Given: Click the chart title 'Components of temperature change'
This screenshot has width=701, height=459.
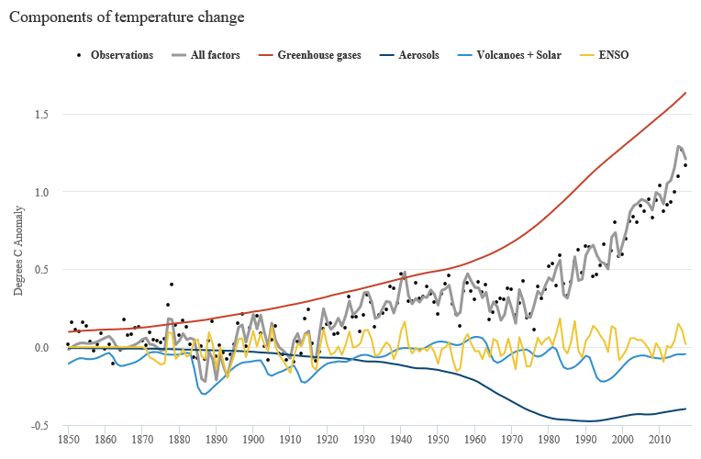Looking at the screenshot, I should click(127, 17).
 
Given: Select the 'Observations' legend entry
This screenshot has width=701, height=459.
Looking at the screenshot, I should click(122, 55).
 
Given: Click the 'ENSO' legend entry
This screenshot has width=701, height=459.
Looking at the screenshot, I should click(613, 55).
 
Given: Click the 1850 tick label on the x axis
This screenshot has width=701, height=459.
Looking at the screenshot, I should click(68, 442).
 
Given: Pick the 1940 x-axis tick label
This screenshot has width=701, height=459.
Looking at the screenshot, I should click(402, 442).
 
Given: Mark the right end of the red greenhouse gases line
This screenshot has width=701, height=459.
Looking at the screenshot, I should click(685, 93).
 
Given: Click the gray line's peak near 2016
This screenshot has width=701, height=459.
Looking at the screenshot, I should click(679, 146).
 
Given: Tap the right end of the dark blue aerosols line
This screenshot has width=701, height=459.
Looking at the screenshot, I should click(685, 409).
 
